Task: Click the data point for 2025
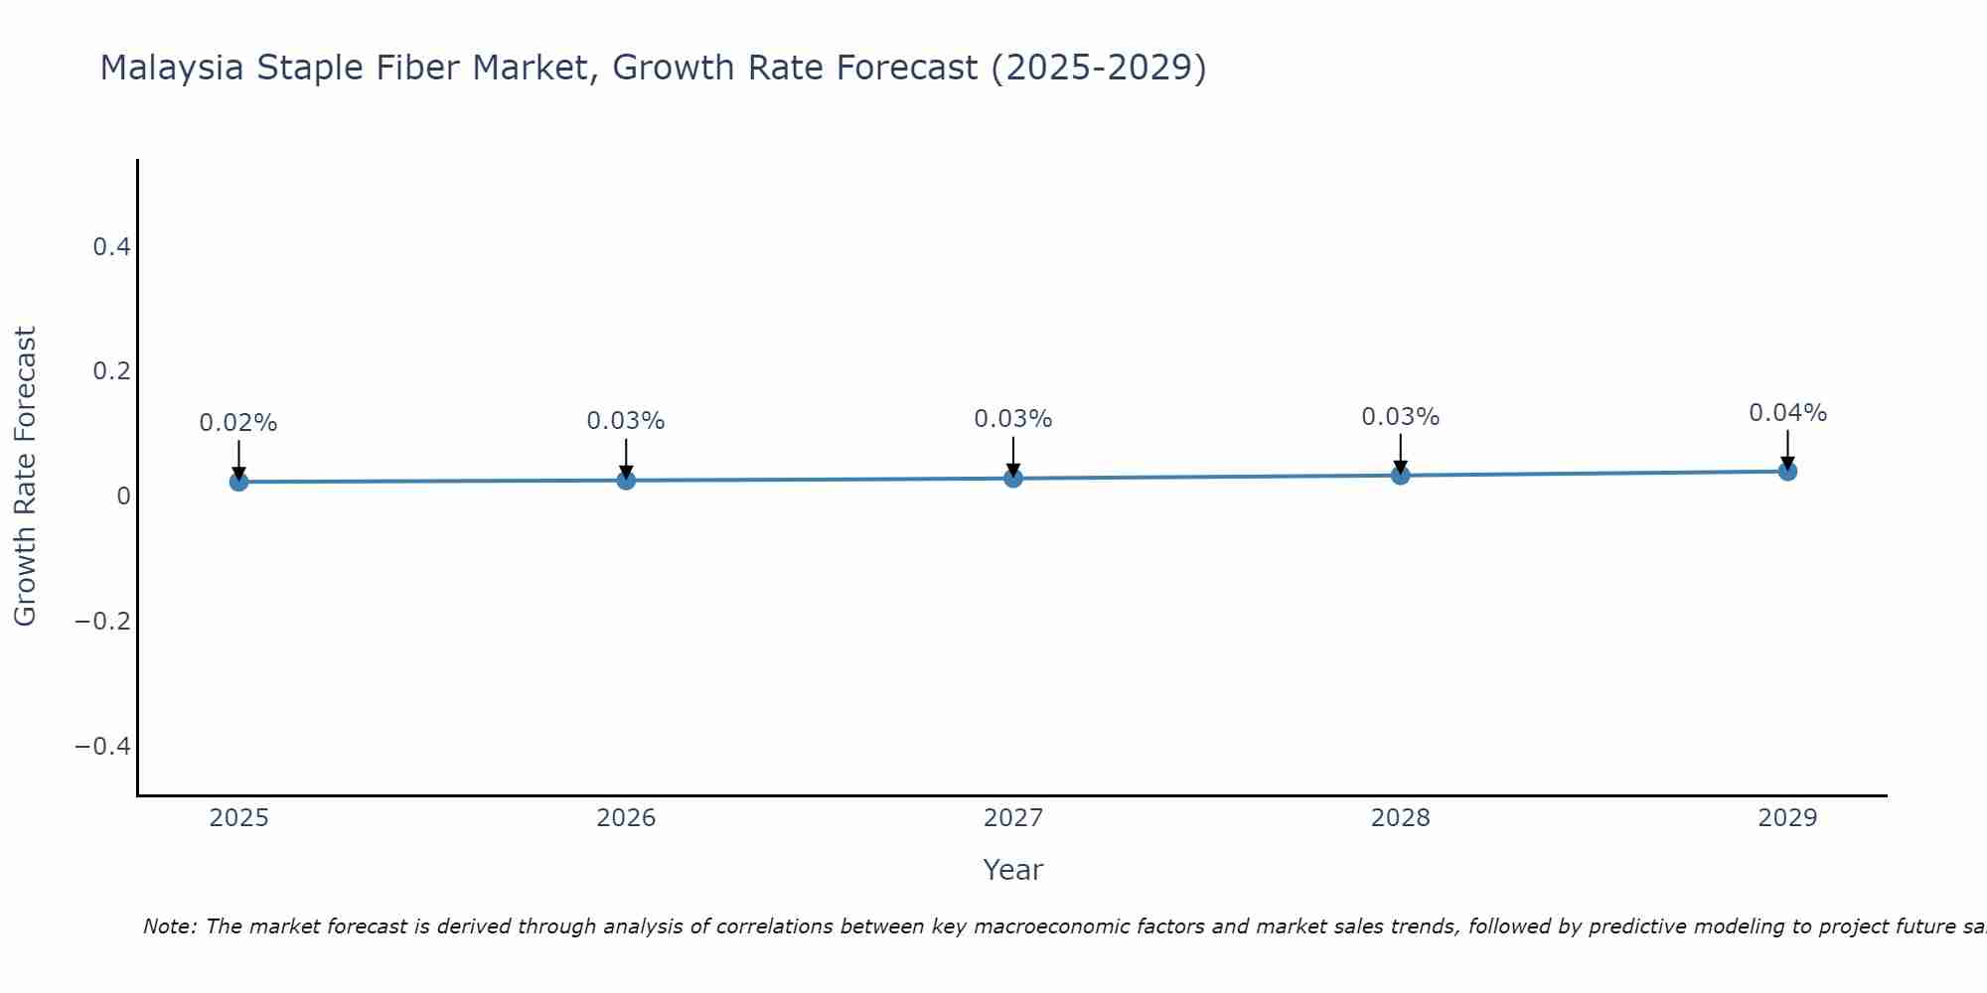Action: pyautogui.click(x=238, y=482)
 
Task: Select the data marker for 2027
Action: pyautogui.click(x=1013, y=478)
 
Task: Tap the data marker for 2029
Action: pyautogui.click(x=1787, y=471)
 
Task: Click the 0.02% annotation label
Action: pyautogui.click(x=238, y=423)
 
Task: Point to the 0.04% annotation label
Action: pyautogui.click(x=1787, y=413)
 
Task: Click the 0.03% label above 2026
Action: pyautogui.click(x=626, y=421)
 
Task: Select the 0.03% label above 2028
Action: pyautogui.click(x=1400, y=417)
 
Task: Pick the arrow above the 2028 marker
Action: pyautogui.click(x=1400, y=452)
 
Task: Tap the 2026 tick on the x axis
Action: pyautogui.click(x=626, y=818)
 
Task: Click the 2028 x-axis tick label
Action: pyautogui.click(x=1400, y=818)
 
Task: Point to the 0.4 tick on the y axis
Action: pyautogui.click(x=112, y=247)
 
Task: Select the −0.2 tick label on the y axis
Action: pyautogui.click(x=103, y=622)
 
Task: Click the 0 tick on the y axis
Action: pyautogui.click(x=123, y=496)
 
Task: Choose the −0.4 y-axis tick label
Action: pyautogui.click(x=103, y=747)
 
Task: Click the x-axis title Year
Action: pyautogui.click(x=1012, y=871)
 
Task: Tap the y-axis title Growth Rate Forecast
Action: pyautogui.click(x=25, y=476)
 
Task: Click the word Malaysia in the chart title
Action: pyautogui.click(x=172, y=69)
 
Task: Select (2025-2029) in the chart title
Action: pyautogui.click(x=1099, y=69)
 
